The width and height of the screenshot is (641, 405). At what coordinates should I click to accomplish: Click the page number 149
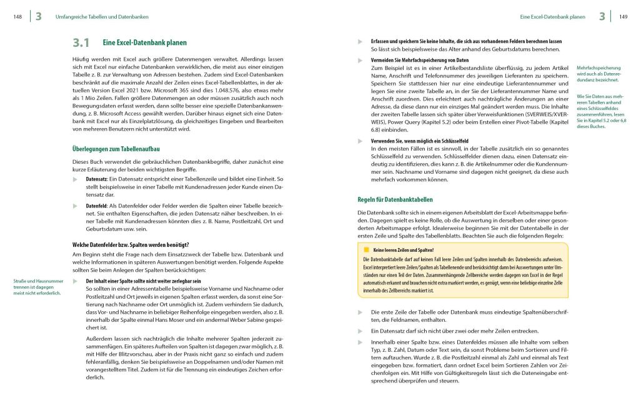click(623, 17)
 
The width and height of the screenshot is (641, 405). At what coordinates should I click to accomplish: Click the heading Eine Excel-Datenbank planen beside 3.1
click(144, 43)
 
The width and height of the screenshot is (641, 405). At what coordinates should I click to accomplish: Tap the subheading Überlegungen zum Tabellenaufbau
click(116, 149)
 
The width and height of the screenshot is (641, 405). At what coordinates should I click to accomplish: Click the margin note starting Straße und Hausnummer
click(38, 287)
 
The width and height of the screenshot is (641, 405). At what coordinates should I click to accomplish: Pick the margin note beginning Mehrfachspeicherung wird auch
click(599, 74)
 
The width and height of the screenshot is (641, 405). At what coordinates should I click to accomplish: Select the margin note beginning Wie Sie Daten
click(599, 112)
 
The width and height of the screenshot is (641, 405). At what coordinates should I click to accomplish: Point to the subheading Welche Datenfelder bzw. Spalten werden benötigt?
click(131, 244)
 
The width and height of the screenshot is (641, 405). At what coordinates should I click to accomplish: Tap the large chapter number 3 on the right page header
click(602, 16)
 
